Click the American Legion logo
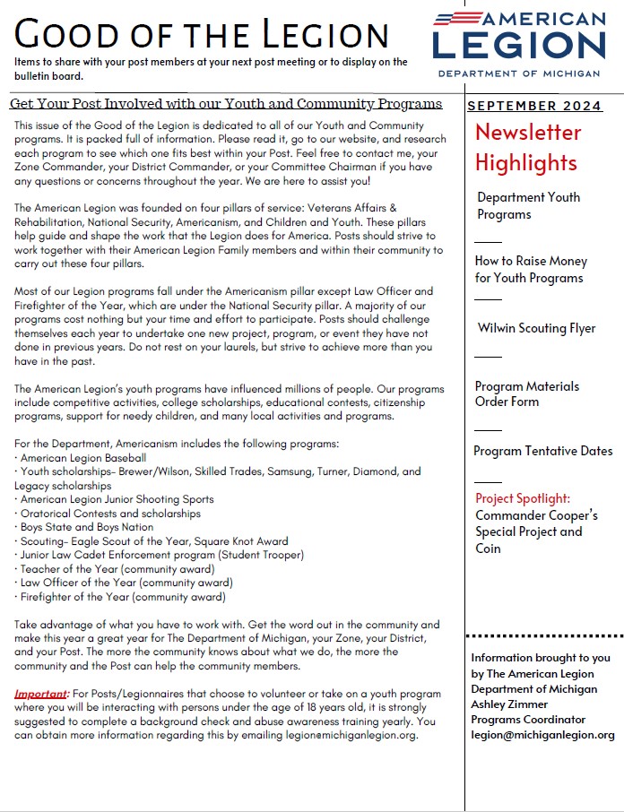point(519,44)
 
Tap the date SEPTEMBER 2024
point(534,106)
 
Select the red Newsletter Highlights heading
point(527,148)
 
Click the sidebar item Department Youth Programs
point(528,205)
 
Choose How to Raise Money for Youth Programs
point(531,269)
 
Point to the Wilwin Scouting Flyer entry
point(536,328)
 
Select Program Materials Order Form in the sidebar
point(527,393)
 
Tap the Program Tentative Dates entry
point(543,451)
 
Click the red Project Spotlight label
point(523,498)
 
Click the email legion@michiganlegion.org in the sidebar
point(542,735)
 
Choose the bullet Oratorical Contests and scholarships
point(108,514)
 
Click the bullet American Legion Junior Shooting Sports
point(115,499)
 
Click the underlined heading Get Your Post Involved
point(226,104)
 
